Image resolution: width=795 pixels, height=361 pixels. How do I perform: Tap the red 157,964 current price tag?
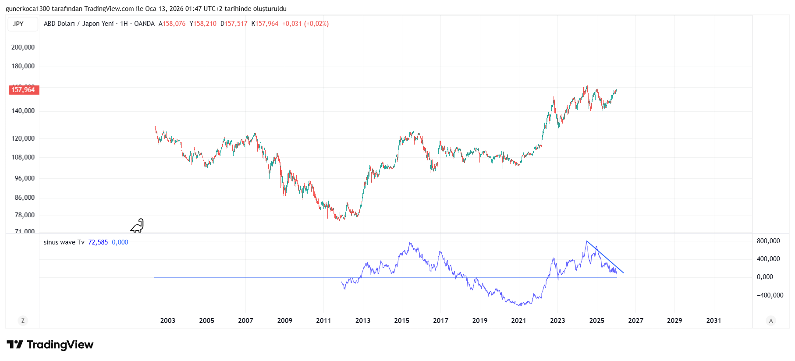(x=24, y=90)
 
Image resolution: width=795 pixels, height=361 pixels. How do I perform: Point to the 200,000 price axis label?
(x=23, y=47)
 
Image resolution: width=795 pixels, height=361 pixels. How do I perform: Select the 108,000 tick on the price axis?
(x=23, y=157)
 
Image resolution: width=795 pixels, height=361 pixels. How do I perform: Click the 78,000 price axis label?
(x=25, y=215)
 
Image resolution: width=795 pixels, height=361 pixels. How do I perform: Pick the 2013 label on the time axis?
(x=362, y=321)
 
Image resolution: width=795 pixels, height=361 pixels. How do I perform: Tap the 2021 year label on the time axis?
(x=518, y=321)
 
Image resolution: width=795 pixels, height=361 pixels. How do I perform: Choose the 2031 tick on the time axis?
(x=713, y=321)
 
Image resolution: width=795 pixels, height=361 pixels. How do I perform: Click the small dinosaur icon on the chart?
(x=137, y=226)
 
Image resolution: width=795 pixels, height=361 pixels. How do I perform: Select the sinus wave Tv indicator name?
(x=64, y=242)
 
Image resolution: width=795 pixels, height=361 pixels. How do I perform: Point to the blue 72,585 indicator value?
(x=98, y=242)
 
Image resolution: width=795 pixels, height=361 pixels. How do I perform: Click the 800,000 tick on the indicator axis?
(x=768, y=241)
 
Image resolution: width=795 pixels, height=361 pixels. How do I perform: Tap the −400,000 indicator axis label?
(x=770, y=295)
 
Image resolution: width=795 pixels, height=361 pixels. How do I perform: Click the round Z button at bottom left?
(x=23, y=321)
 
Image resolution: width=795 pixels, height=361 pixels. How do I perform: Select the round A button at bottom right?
(x=770, y=321)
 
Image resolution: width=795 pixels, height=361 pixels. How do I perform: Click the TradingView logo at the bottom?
(x=50, y=345)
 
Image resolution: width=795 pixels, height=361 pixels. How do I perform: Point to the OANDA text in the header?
(x=144, y=24)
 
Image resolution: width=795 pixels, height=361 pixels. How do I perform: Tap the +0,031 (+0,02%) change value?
(x=305, y=24)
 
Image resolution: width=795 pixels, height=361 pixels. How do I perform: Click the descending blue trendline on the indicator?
(x=605, y=257)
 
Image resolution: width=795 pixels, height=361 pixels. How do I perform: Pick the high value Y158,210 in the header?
(x=203, y=24)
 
